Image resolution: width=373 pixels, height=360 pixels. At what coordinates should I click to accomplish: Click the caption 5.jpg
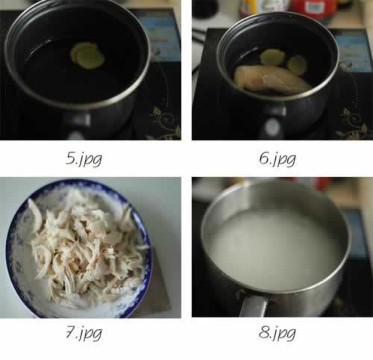coord(84,158)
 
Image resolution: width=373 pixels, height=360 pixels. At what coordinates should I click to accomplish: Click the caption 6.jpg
coord(278,158)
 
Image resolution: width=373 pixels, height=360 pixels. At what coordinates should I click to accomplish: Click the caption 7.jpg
coord(84,333)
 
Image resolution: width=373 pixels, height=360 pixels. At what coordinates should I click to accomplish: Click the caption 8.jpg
coord(278,333)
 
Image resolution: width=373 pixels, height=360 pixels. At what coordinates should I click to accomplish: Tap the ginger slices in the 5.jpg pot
coord(87,56)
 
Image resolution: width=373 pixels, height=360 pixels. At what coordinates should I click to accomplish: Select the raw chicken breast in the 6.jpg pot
coord(271,80)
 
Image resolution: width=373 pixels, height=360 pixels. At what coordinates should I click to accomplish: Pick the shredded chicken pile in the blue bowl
coord(87,249)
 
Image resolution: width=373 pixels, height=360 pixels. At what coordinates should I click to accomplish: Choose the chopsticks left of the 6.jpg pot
coord(199,36)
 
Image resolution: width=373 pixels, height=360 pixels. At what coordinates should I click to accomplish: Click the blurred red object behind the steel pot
coord(321,184)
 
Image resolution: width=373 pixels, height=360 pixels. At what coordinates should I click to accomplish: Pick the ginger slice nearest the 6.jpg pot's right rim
coord(297,65)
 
